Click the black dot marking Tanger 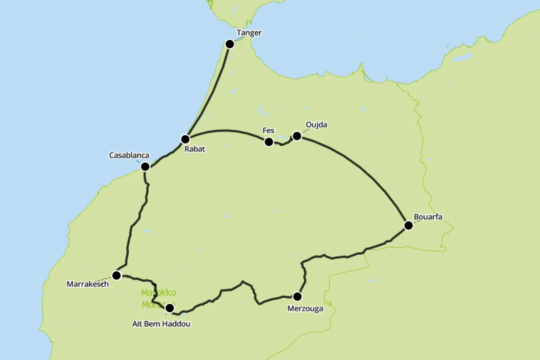pos(229,44)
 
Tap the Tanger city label pos(249,33)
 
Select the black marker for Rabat pos(185,139)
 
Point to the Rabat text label pos(195,149)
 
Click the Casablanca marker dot pos(145,166)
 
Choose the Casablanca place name pos(129,155)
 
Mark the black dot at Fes pos(269,142)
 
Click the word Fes pos(269,131)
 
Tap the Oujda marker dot pos(297,136)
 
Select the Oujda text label pos(316,125)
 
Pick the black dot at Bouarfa pos(408,225)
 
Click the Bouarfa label pos(428,217)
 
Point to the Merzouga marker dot pos(297,296)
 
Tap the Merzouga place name pos(306,309)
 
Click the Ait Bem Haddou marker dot pos(169,308)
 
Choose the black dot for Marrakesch pos(117,275)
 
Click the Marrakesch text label pos(88,284)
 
